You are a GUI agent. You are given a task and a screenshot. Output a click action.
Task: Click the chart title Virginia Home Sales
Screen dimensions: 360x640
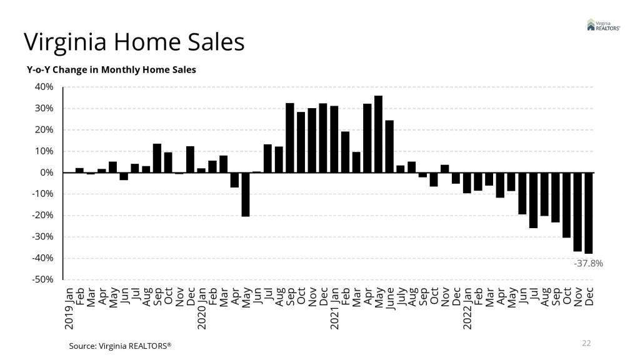coord(134,42)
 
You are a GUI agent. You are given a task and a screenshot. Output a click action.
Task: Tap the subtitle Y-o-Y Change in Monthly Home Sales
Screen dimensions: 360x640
coord(111,69)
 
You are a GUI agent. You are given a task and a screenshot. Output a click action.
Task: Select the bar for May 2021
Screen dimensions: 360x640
coord(379,134)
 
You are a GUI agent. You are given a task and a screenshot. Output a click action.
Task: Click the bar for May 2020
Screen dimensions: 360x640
coord(246,194)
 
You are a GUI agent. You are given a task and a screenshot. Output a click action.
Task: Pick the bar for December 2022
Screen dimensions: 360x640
coord(589,213)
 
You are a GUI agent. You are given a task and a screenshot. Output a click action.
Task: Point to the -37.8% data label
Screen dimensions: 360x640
coord(588,264)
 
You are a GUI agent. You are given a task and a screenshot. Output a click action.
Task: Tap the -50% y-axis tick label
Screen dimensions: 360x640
coord(44,279)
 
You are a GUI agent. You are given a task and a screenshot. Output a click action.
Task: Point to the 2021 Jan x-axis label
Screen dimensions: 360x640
coord(335,309)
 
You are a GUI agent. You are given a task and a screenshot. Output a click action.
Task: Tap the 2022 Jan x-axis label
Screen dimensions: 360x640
coord(467,309)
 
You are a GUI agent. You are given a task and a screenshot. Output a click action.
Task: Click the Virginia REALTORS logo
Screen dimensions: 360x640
coord(603,25)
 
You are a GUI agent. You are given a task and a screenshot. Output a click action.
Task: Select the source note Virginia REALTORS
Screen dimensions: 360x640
coord(120,345)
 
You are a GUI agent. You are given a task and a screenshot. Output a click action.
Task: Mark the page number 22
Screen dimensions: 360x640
coord(586,343)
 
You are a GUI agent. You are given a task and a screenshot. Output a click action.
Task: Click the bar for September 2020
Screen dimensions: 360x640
coord(290,138)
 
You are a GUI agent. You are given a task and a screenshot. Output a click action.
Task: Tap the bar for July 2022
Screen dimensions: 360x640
coord(534,200)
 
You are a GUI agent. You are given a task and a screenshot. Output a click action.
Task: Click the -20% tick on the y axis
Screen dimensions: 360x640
coord(44,216)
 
